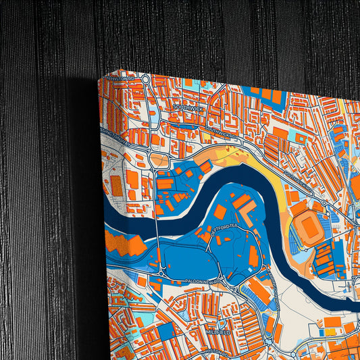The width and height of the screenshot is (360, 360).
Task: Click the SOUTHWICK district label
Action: pyautogui.click(x=187, y=107)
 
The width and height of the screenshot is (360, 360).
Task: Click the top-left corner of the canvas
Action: pyautogui.click(x=99, y=79)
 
